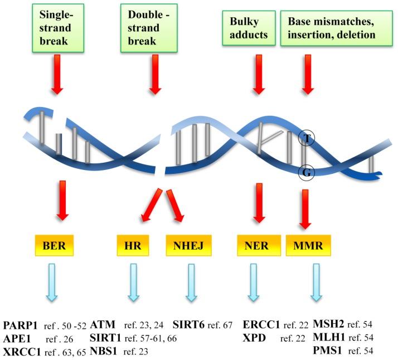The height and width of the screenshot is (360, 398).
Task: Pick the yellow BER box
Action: click(55, 244)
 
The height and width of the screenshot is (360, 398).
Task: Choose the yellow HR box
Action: click(134, 244)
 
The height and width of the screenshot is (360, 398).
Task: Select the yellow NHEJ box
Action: click(191, 244)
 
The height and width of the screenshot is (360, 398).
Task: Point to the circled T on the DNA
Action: click(306, 137)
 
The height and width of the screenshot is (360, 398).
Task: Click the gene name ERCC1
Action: click(262, 324)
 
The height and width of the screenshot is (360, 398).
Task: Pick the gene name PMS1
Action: click(328, 352)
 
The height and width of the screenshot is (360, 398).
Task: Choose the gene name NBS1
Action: click(104, 352)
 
